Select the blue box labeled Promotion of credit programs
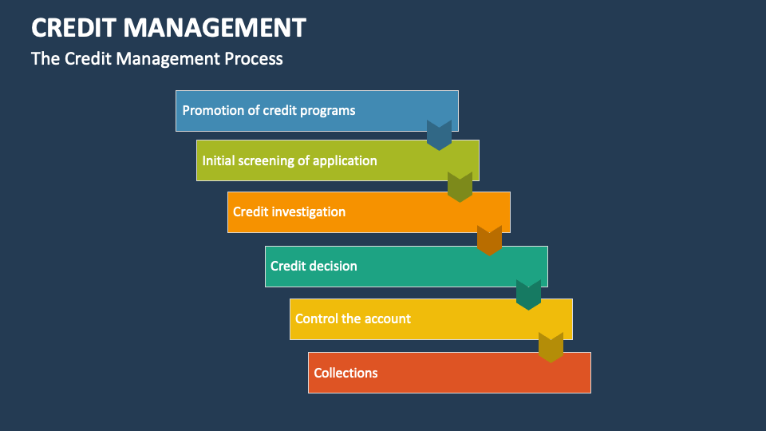tap(317, 110)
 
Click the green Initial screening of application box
tap(338, 160)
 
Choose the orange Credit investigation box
tap(369, 212)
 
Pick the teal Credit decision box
tap(406, 267)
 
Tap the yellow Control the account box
tap(431, 319)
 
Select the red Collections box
tap(449, 373)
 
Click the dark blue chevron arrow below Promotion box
tap(439, 135)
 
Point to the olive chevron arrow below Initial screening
tap(460, 187)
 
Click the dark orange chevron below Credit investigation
tap(489, 240)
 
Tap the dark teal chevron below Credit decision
tap(528, 295)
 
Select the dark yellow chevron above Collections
tap(551, 347)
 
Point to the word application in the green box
tap(345, 160)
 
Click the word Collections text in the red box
tap(345, 373)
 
